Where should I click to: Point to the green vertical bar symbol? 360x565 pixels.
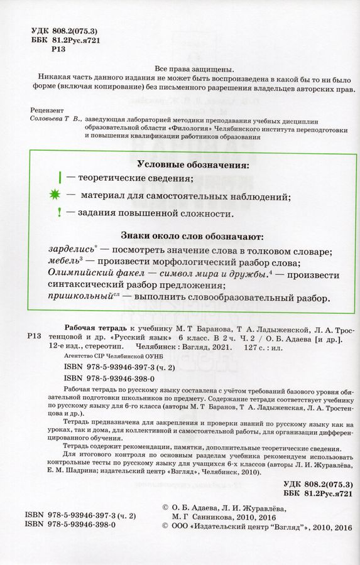(x=59, y=178)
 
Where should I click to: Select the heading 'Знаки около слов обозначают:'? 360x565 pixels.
(x=182, y=238)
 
